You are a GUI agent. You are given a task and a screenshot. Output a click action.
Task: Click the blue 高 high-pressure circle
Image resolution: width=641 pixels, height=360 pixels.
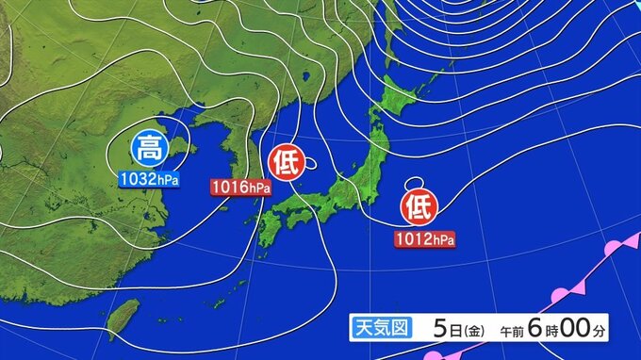point(147,148)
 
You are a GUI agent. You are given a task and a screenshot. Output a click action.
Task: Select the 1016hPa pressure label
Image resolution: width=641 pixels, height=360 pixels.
point(240,188)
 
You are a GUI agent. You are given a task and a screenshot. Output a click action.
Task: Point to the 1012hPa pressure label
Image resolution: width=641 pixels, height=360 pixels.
point(425,239)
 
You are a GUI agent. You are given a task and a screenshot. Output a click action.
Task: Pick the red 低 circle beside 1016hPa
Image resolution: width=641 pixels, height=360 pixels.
point(286,163)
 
